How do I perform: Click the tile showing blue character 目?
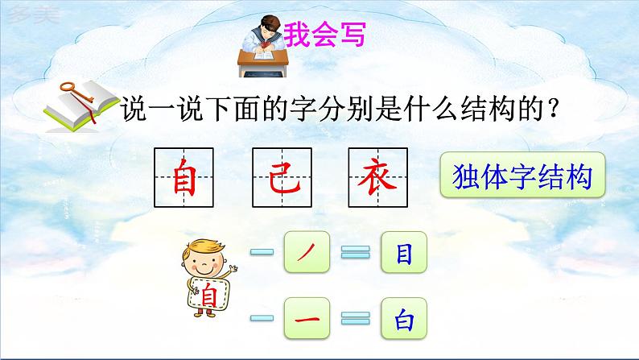pos(402,254)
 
